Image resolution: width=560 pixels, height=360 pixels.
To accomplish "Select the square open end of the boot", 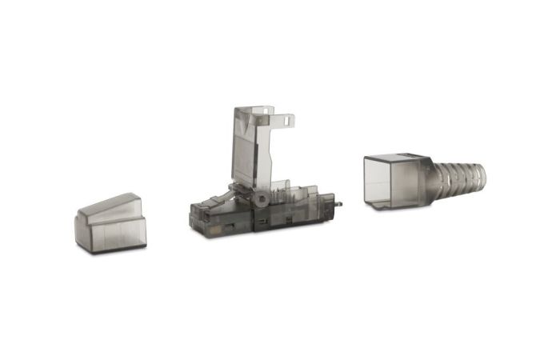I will (x=387, y=181).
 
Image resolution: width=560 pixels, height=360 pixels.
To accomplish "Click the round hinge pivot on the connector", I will (x=261, y=196).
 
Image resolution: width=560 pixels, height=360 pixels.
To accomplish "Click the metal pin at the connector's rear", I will (x=339, y=203).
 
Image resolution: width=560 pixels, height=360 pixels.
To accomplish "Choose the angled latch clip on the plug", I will (x=232, y=192).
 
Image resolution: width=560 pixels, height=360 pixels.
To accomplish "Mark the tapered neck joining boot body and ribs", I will (x=428, y=178).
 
